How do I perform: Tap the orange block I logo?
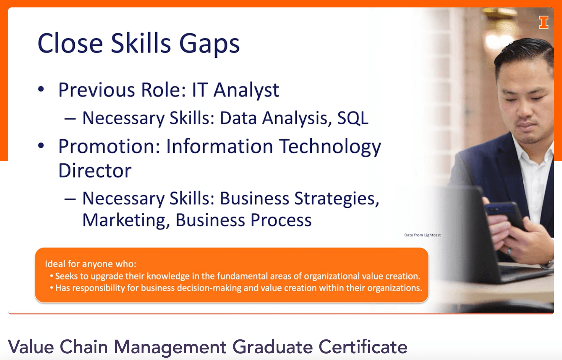[543, 23]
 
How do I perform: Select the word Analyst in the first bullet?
[246, 90]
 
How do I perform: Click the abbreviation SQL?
[353, 118]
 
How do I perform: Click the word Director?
[95, 171]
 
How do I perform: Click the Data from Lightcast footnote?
[423, 235]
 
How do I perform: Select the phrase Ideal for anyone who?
[91, 264]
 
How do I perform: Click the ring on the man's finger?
[509, 251]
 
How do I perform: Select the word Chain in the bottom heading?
[84, 347]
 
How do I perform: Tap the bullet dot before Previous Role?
[41, 89]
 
